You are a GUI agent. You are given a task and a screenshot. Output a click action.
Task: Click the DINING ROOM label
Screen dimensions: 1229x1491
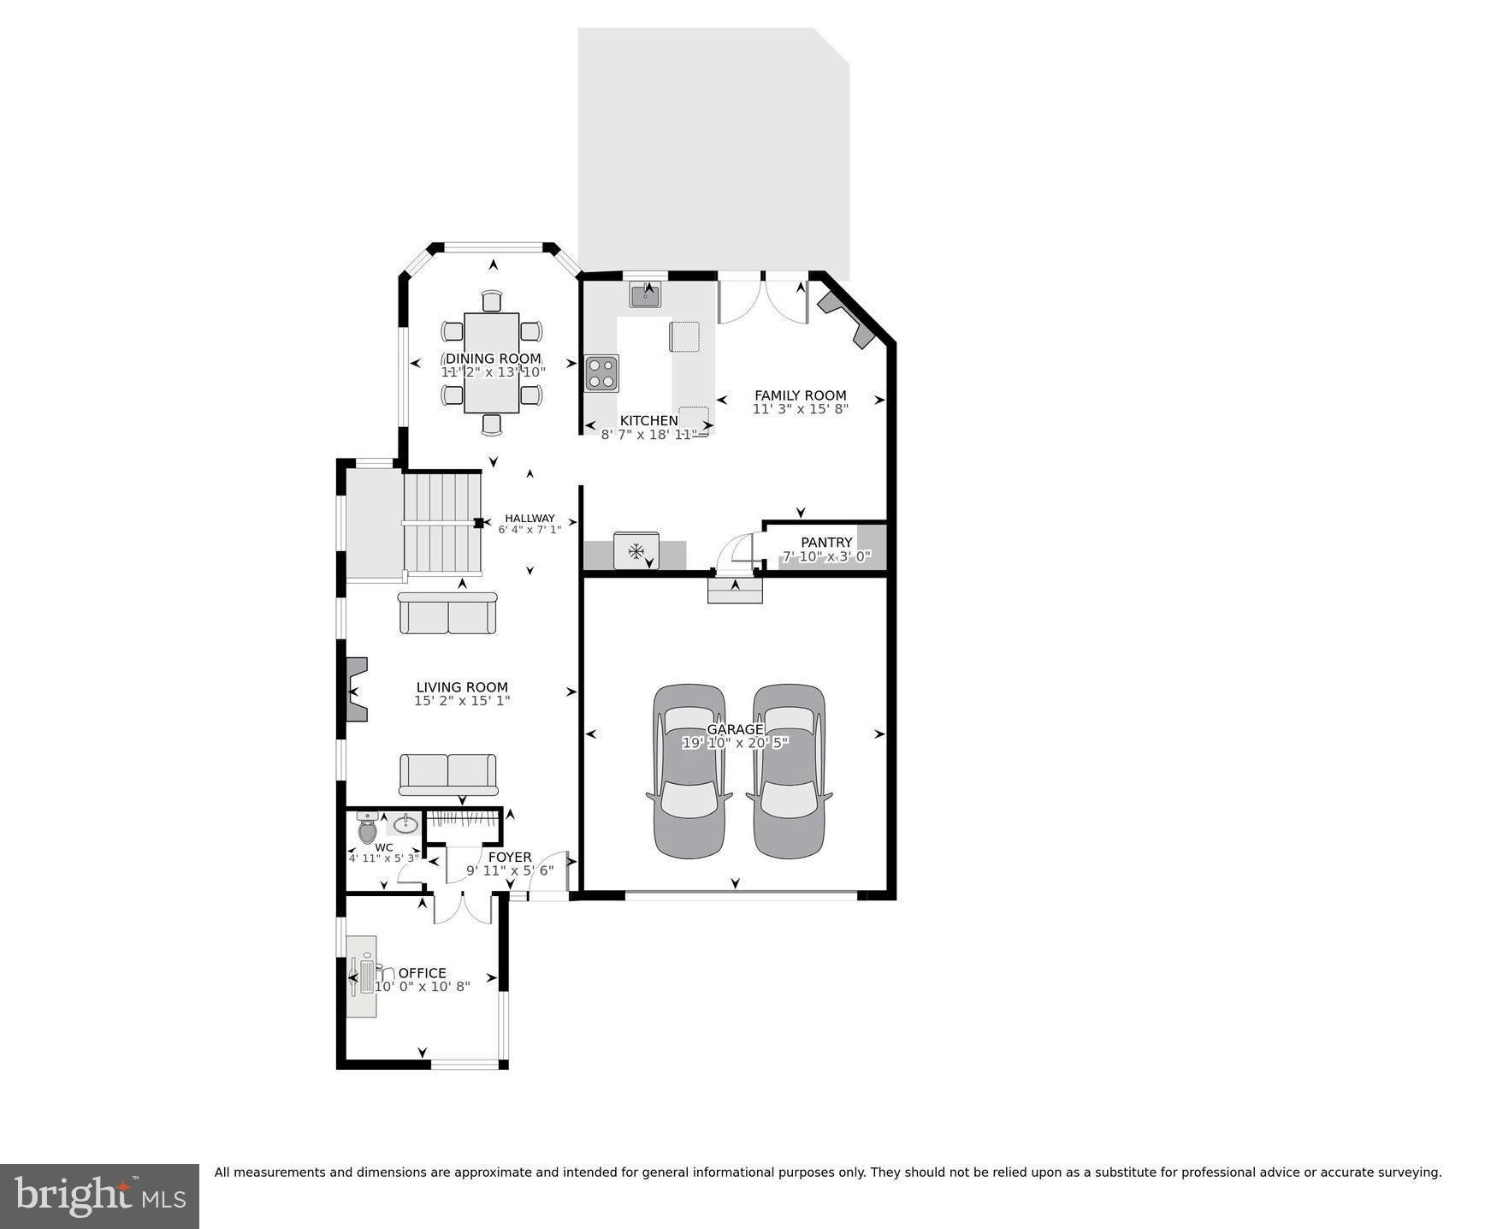[x=493, y=359]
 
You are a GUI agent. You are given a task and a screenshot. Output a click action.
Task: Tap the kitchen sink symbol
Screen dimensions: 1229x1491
[x=645, y=296]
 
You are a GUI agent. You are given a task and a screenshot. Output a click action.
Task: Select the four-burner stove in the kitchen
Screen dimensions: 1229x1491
[x=601, y=373]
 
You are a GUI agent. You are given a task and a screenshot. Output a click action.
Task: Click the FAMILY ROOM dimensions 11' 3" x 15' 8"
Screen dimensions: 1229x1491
[x=800, y=409]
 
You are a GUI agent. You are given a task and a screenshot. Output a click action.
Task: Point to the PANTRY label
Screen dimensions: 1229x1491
[x=825, y=542]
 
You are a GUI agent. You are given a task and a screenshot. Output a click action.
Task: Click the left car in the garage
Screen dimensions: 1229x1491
[x=689, y=770]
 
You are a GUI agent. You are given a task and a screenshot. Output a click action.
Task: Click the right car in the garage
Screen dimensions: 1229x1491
[x=789, y=770]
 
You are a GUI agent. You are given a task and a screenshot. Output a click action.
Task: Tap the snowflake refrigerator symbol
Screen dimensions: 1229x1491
[x=636, y=551]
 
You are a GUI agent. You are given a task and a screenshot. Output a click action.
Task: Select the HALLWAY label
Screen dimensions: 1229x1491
[x=530, y=518]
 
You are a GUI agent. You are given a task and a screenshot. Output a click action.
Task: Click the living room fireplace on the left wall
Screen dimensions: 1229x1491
[x=356, y=689]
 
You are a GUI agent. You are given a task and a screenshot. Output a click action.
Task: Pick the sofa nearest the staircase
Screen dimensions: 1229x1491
[x=447, y=614]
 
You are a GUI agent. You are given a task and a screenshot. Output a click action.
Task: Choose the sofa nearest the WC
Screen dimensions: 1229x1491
[x=447, y=775]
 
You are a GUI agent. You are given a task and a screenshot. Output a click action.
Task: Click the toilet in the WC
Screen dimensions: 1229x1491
[x=367, y=829]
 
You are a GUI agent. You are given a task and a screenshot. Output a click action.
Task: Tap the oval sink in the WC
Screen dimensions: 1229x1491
[x=405, y=825]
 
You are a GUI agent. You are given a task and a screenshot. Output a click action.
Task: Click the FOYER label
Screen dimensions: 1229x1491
[x=510, y=857]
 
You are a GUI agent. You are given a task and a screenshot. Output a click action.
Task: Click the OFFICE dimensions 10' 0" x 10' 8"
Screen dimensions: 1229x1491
[x=423, y=987]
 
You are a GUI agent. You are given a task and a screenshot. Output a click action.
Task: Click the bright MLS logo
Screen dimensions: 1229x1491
[x=99, y=1196]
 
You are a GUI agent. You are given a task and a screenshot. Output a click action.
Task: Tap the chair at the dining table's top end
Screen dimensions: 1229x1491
[x=491, y=301]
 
